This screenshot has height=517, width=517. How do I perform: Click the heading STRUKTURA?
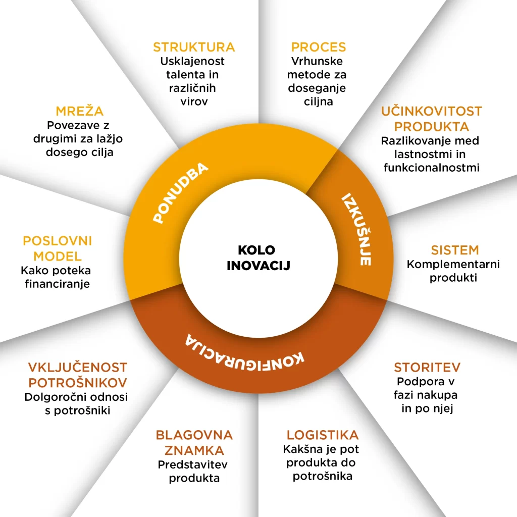(x=194, y=47)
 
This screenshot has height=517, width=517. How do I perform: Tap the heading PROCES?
(x=319, y=47)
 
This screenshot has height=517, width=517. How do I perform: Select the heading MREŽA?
(x=80, y=111)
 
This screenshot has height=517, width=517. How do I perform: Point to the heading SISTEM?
(x=454, y=250)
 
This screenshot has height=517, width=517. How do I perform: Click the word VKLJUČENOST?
(x=78, y=367)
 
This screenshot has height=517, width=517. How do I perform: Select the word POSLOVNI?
(x=57, y=241)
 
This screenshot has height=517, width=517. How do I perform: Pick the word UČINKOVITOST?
(x=432, y=111)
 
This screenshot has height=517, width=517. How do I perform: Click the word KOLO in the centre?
(x=256, y=250)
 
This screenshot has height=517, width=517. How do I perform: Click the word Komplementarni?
(x=453, y=264)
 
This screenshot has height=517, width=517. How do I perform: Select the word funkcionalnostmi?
(x=431, y=167)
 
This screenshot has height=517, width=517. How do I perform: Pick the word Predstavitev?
(x=194, y=464)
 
